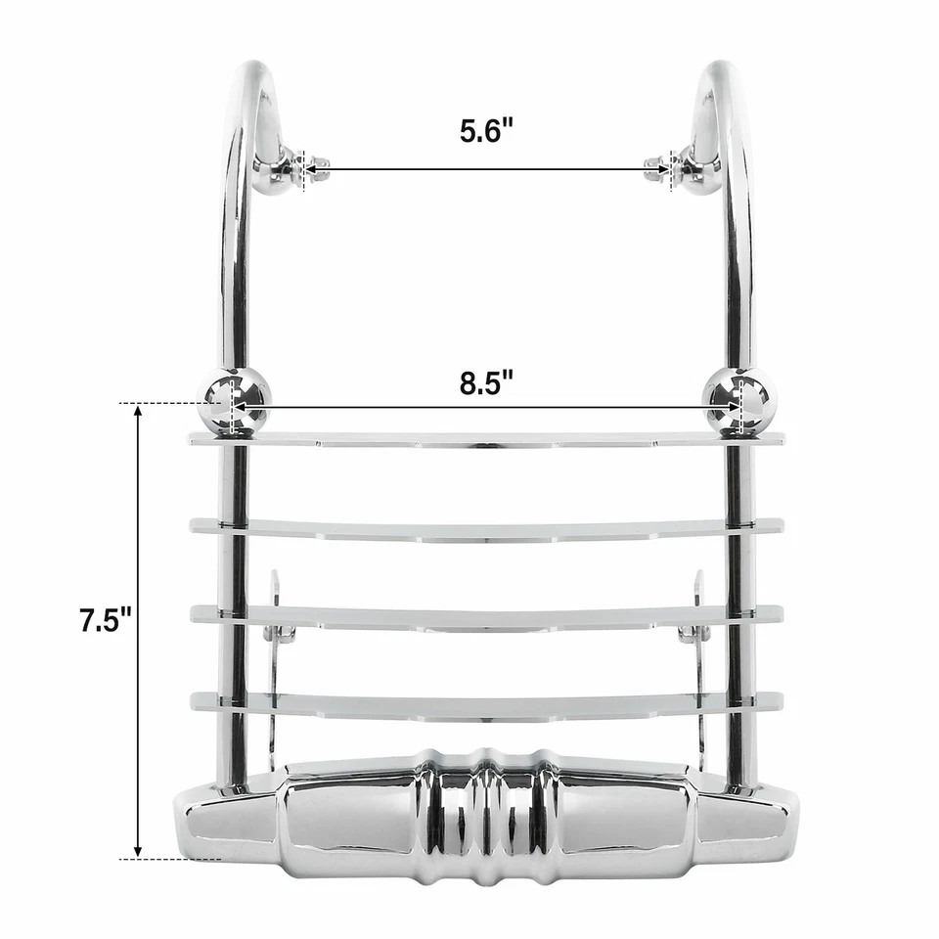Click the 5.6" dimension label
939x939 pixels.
tap(486, 131)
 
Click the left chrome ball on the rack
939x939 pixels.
tap(235, 398)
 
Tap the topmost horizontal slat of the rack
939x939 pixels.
tap(486, 439)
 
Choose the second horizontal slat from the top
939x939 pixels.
tap(486, 529)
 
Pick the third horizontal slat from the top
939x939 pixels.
tap(486, 615)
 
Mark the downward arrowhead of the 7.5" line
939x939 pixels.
tap(138, 850)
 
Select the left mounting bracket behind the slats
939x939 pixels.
tap(277, 626)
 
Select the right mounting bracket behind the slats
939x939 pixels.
tap(696, 626)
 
